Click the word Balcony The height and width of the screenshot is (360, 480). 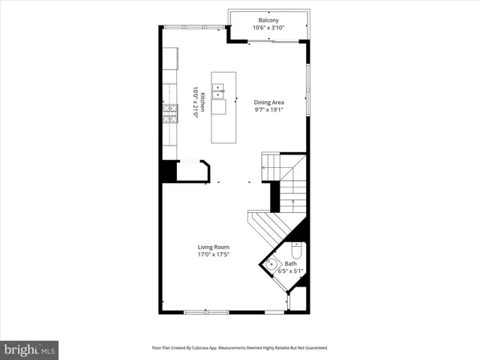pyautogui.click(x=268, y=20)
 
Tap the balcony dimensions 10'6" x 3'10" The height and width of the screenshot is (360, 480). pyautogui.click(x=268, y=28)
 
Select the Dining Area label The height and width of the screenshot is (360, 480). pyautogui.click(x=268, y=102)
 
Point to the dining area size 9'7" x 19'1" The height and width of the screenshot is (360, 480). pyautogui.click(x=268, y=110)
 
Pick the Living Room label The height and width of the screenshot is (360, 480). pyautogui.click(x=214, y=247)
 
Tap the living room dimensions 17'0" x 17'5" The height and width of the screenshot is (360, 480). pyautogui.click(x=214, y=255)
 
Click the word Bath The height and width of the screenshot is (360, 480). pyautogui.click(x=290, y=263)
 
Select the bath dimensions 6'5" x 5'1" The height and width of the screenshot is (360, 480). pyautogui.click(x=290, y=271)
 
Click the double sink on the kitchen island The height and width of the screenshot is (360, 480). pyautogui.click(x=218, y=92)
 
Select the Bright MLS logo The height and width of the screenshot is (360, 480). pyautogui.click(x=30, y=349)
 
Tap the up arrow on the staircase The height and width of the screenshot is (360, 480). pyautogui.click(x=292, y=201)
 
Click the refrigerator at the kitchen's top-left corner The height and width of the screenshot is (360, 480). pyautogui.click(x=170, y=58)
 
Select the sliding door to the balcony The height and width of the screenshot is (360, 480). pyautogui.click(x=271, y=41)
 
